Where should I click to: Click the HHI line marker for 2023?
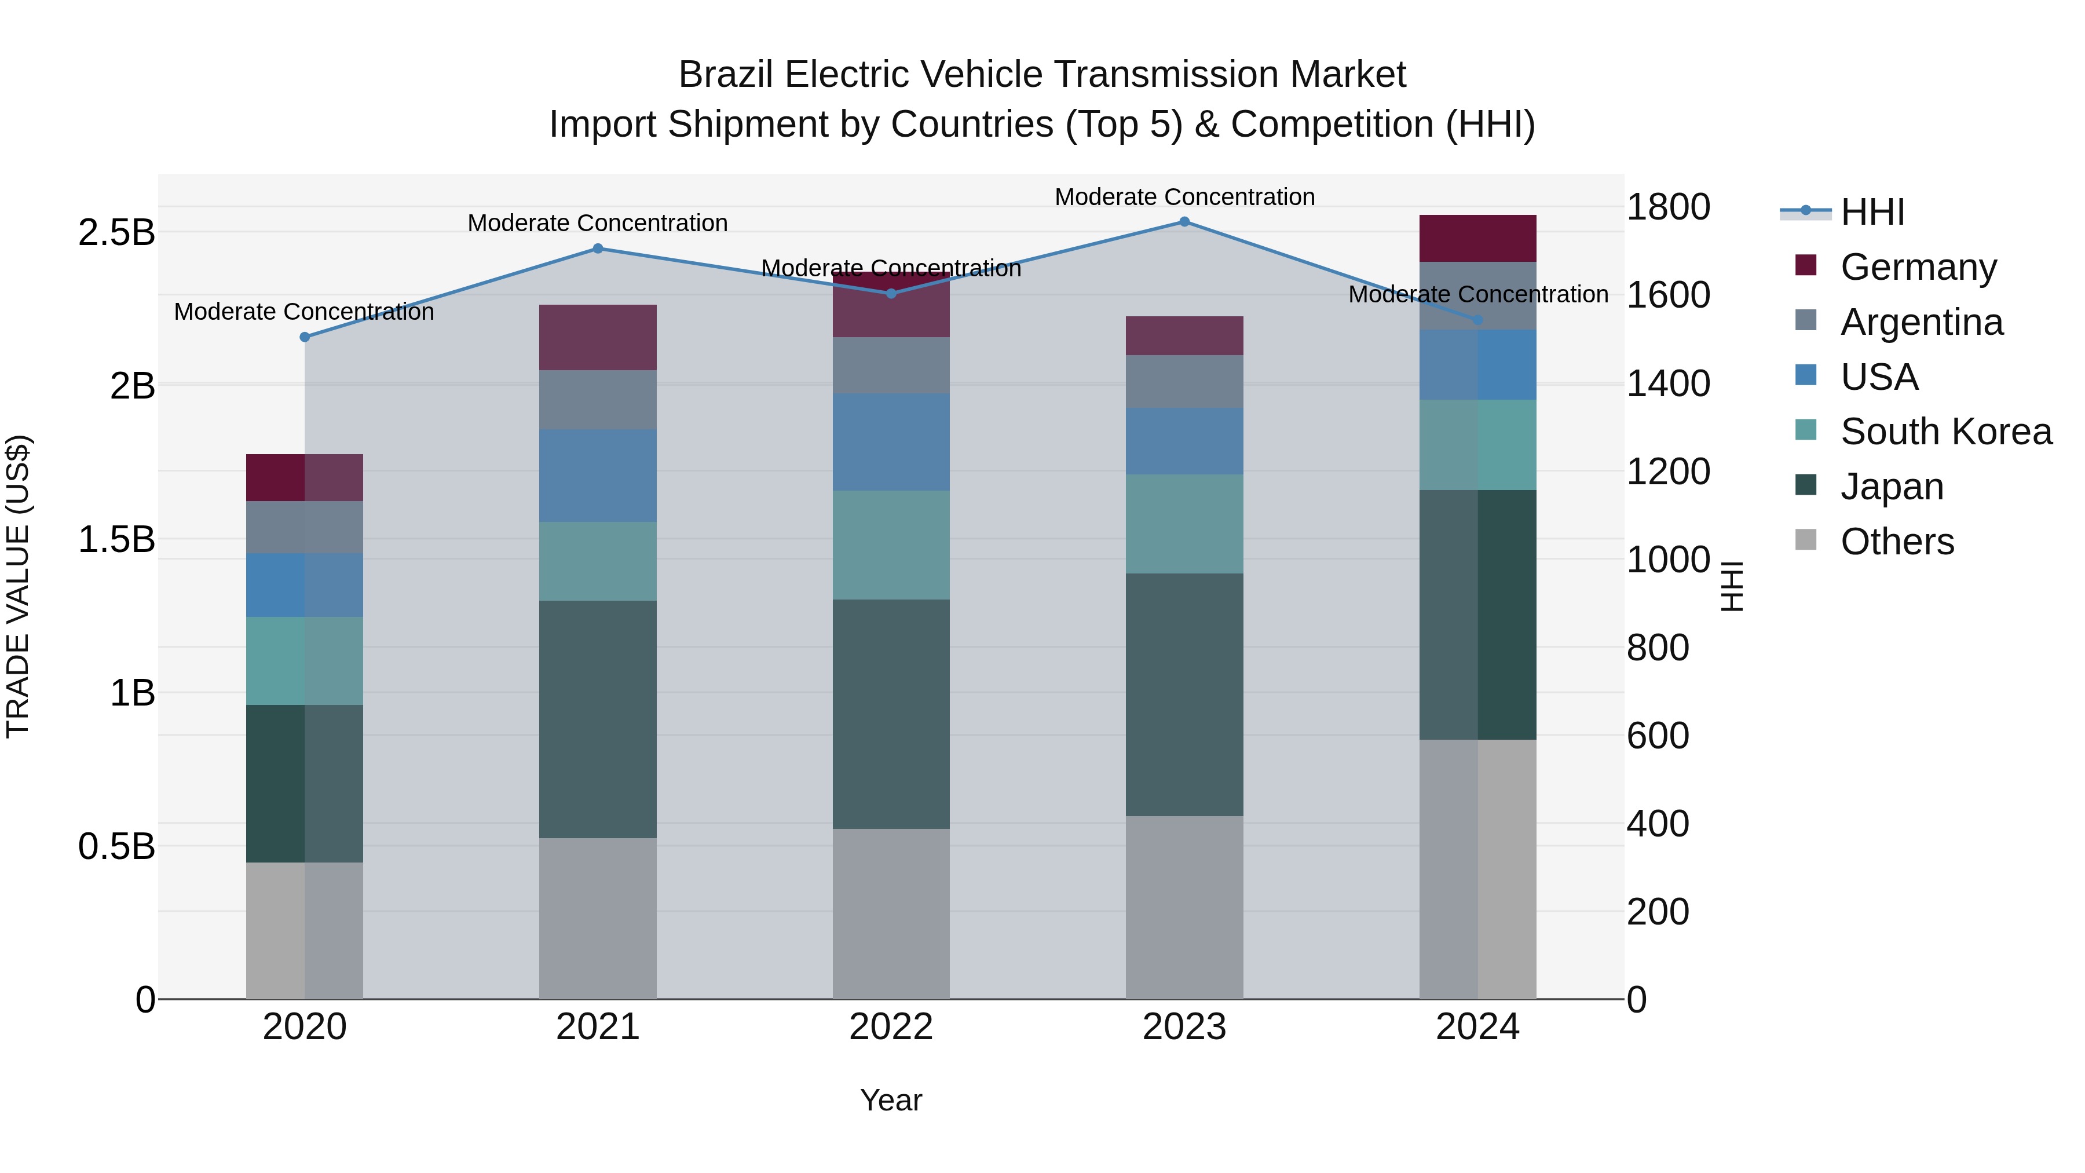coord(1184,222)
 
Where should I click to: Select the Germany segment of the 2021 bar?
coord(597,337)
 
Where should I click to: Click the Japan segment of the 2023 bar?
coord(1184,694)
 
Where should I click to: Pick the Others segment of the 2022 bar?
coord(890,913)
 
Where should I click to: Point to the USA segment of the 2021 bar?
coord(597,475)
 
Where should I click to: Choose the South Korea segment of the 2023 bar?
coord(1184,524)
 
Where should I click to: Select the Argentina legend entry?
coord(1921,322)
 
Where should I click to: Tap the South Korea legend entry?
coord(1945,432)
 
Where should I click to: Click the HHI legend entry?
coord(1871,212)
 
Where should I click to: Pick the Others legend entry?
coord(1896,542)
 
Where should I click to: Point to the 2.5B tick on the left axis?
coord(116,233)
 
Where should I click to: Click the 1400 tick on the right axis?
coord(1668,383)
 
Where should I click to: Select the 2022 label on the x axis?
coord(890,1027)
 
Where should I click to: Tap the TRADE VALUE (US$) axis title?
coord(18,586)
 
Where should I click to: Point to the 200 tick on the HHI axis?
coord(1658,912)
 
